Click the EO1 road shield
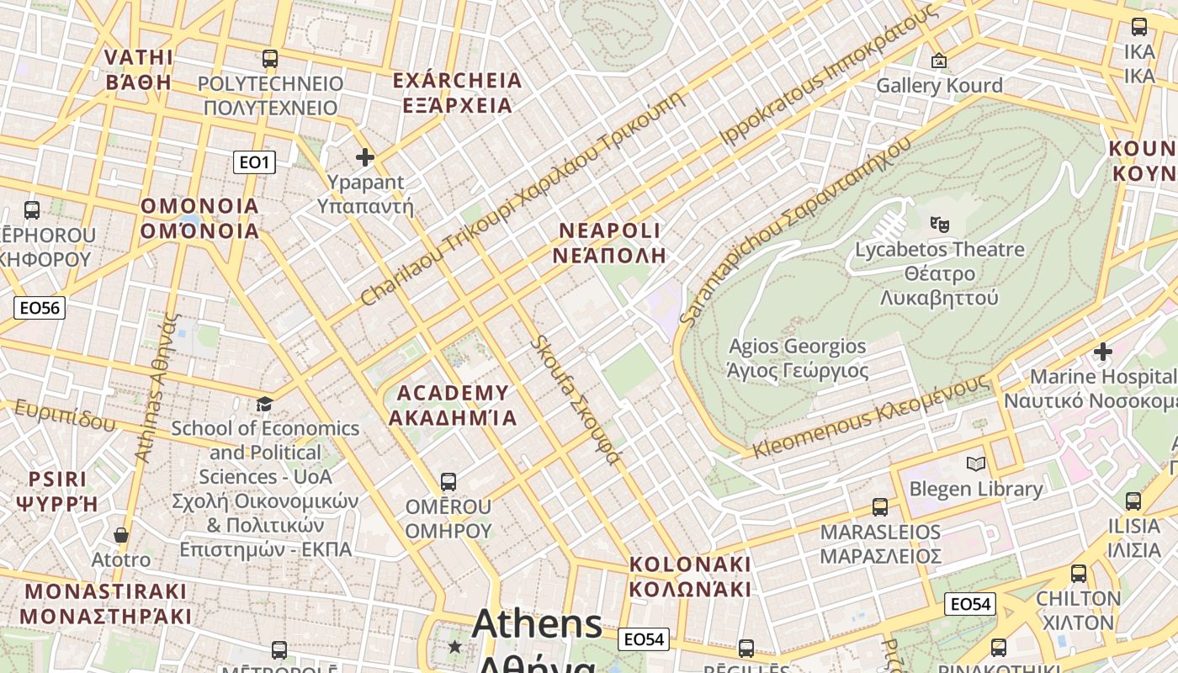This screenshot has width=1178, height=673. (253, 162)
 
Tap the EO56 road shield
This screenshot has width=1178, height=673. (40, 308)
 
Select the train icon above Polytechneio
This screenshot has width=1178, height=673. (269, 59)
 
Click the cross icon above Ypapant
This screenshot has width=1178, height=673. (365, 157)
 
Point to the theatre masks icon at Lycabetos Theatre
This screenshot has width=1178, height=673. (939, 224)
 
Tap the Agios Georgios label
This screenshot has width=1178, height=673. (797, 358)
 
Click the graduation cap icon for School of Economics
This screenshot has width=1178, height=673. (265, 405)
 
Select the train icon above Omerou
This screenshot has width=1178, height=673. (448, 482)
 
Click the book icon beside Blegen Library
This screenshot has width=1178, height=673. (976, 464)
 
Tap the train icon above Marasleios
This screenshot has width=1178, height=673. (880, 507)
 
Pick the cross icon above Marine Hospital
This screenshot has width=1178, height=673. (1102, 351)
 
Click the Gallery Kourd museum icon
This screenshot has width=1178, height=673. (939, 61)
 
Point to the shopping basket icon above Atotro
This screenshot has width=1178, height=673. (121, 535)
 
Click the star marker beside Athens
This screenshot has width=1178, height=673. (455, 646)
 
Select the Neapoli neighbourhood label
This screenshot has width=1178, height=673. (610, 243)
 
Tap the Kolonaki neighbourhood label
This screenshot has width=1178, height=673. (690, 576)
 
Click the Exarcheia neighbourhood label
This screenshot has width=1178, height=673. (458, 93)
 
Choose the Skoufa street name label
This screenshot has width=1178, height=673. (577, 400)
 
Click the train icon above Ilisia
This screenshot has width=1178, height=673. (1133, 501)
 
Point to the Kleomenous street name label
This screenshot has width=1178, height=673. (871, 416)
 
